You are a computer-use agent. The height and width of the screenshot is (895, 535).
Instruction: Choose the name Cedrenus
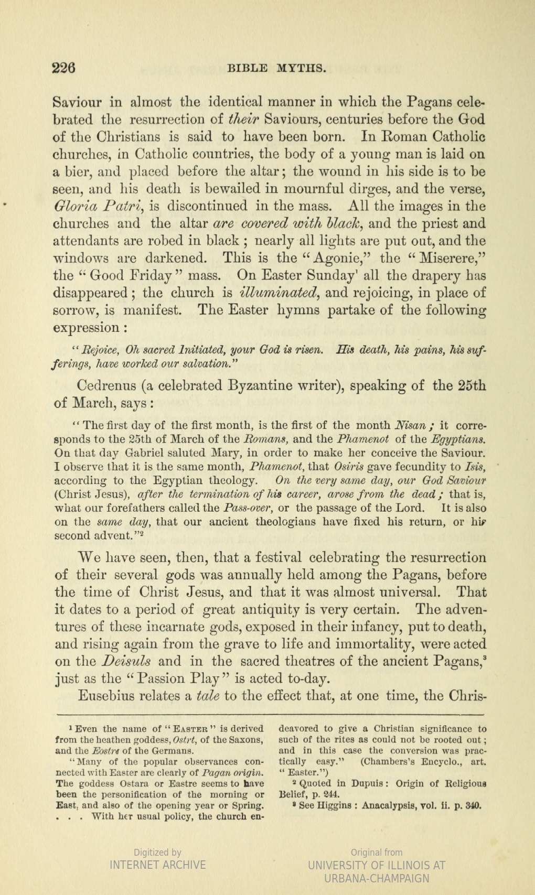coord(106,386)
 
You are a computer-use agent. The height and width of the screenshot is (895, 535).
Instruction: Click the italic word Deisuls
coord(126,661)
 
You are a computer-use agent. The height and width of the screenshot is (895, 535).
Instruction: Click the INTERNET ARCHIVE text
coord(157,865)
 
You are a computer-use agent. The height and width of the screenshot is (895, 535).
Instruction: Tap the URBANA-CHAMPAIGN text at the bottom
coord(377,878)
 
